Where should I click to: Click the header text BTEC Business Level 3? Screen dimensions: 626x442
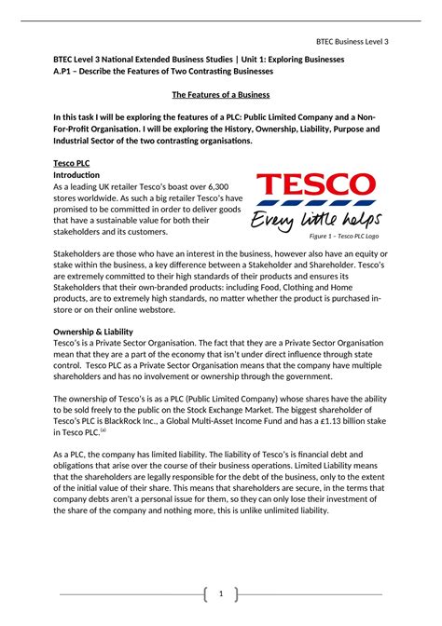pos(352,41)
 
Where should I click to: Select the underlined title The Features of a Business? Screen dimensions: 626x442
pos(220,95)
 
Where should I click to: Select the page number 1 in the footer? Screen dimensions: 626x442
pos(220,593)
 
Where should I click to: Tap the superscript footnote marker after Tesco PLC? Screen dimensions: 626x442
pos(104,429)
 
